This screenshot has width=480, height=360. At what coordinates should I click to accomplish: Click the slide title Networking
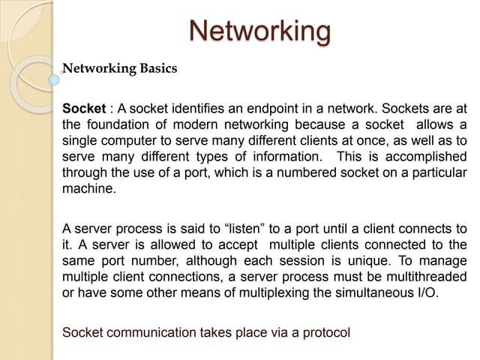pyautogui.click(x=260, y=31)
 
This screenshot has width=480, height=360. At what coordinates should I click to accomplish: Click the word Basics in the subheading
pyautogui.click(x=158, y=68)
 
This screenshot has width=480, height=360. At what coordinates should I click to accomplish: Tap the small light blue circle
pyautogui.click(x=54, y=80)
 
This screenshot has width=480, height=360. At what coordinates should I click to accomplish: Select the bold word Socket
pyautogui.click(x=84, y=109)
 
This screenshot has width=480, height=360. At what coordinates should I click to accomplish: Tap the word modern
pyautogui.click(x=195, y=124)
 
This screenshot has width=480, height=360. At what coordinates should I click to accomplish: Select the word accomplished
pyautogui.click(x=426, y=157)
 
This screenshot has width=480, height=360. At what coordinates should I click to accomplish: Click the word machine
pyautogui.click(x=89, y=188)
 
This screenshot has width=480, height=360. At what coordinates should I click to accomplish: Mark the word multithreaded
pyautogui.click(x=427, y=277)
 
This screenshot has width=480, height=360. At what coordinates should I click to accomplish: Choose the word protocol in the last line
pyautogui.click(x=326, y=333)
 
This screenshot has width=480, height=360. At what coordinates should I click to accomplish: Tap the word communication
pyautogui.click(x=151, y=332)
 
